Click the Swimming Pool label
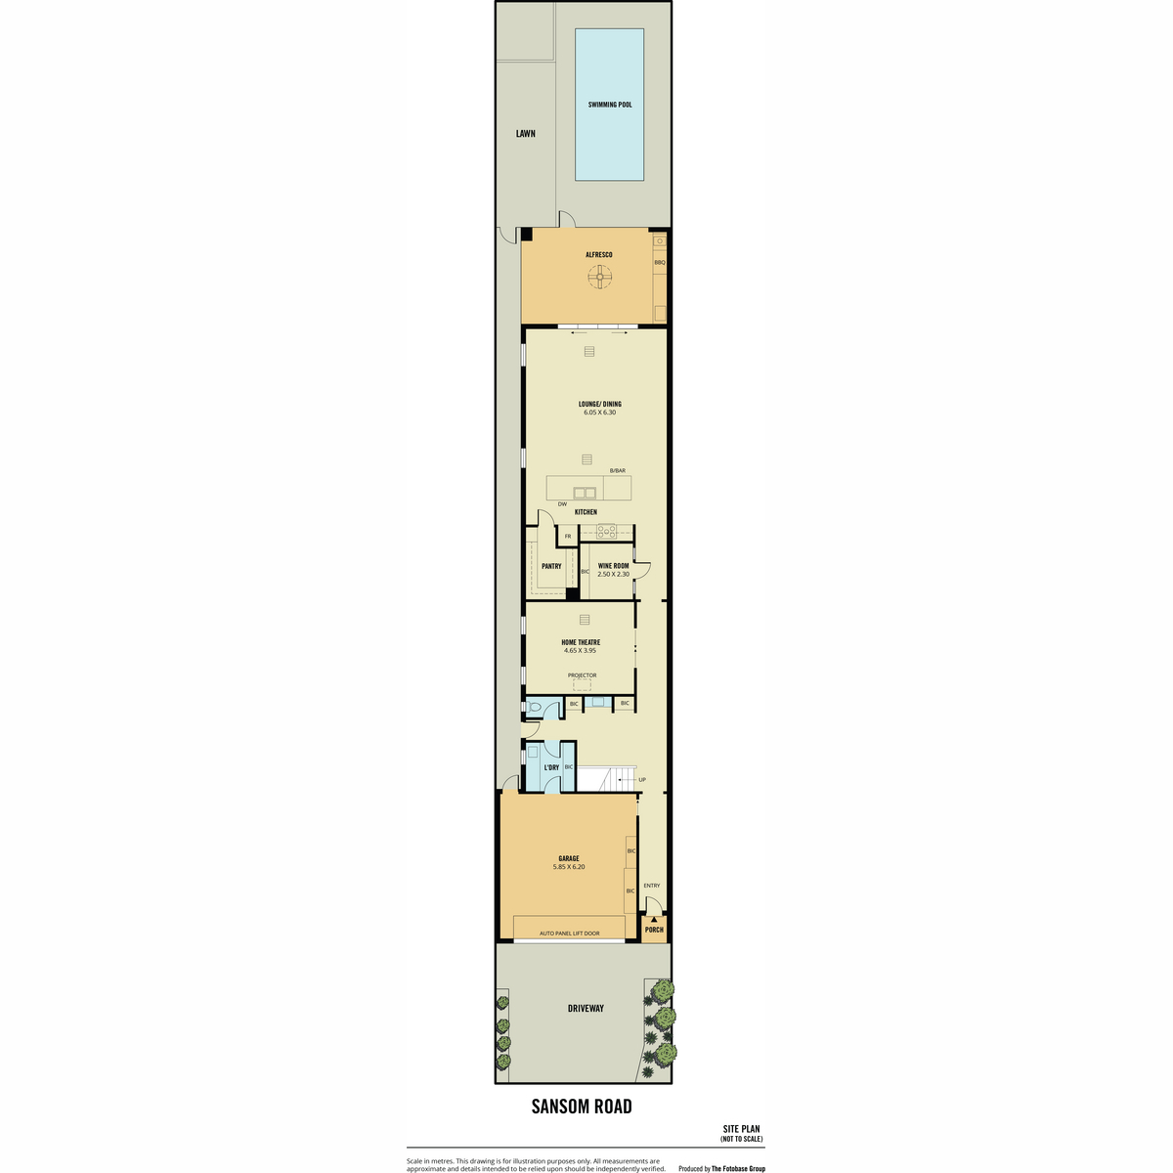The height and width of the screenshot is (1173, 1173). click(609, 105)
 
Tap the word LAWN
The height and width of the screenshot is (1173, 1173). click(525, 133)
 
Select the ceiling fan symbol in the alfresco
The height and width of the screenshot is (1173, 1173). click(599, 277)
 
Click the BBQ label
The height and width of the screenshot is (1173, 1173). click(659, 262)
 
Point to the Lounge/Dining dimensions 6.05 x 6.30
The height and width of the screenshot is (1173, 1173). click(599, 413)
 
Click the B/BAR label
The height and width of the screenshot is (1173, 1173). click(617, 470)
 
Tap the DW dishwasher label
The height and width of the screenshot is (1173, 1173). click(562, 504)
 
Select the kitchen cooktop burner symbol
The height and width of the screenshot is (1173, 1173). click(606, 532)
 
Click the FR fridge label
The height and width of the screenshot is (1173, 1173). click(568, 537)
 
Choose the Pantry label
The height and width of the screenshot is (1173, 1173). click(551, 566)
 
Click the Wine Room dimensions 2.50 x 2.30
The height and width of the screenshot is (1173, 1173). click(613, 574)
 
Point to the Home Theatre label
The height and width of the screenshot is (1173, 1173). click(580, 642)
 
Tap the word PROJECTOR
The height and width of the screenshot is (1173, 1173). click(582, 675)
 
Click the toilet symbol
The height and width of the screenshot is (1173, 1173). click(534, 708)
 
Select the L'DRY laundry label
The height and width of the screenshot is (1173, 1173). click(551, 767)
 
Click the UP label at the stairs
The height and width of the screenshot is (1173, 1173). click(642, 780)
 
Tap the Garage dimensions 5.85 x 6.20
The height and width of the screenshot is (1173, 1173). click(569, 867)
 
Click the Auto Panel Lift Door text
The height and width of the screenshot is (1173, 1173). click(569, 934)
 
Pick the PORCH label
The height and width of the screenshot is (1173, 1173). click(654, 930)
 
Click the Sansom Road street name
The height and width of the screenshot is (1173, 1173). click(582, 1107)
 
